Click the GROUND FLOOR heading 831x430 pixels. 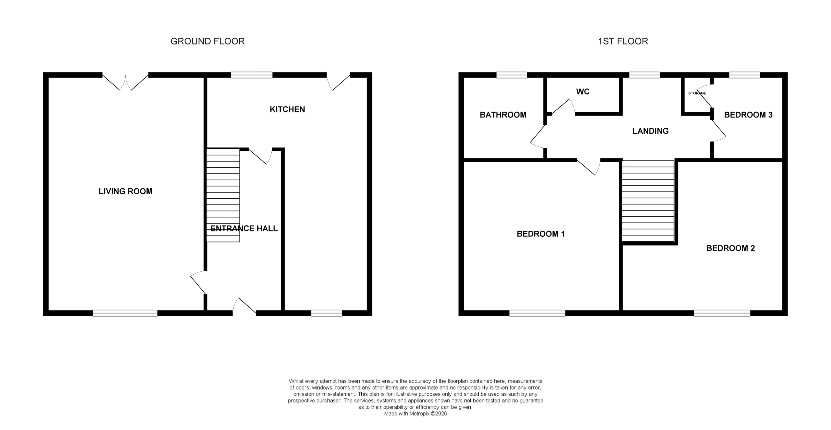coord(208,41)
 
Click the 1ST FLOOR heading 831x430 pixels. coord(623,41)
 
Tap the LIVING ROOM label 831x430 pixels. coord(126,191)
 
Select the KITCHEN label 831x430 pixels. coord(287,109)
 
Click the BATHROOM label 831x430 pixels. coord(503,115)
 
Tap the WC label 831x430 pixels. coord(583,92)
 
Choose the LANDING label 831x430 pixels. coord(650,131)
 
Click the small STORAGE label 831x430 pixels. coord(697,93)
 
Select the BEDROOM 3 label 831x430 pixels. coord(748,115)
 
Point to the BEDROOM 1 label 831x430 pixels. coord(541,234)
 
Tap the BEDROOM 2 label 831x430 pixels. coord(730,248)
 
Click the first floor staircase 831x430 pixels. coord(648,201)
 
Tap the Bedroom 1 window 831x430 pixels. coord(537,313)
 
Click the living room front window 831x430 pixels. coord(125,313)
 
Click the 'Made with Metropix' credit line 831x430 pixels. coord(415,414)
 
